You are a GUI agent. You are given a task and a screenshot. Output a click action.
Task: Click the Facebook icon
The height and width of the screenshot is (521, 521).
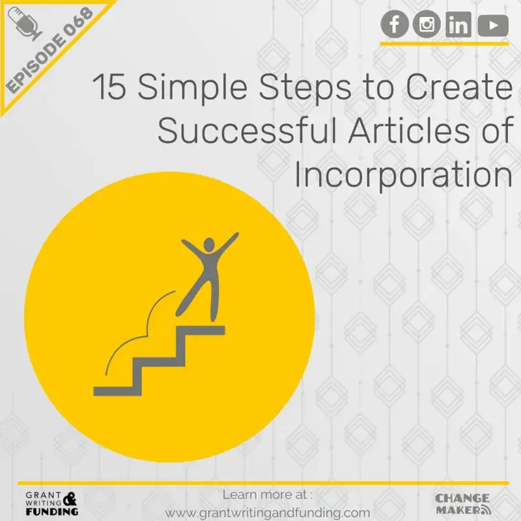[395, 25]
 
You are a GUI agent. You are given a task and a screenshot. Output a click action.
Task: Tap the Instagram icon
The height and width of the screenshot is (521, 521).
[427, 25]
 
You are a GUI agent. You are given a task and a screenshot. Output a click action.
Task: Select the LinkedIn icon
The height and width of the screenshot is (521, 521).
[459, 25]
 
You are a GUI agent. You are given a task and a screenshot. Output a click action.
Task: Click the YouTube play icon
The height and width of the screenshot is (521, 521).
[492, 25]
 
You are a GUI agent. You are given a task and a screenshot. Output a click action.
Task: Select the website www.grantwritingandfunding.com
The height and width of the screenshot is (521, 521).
[268, 513]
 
